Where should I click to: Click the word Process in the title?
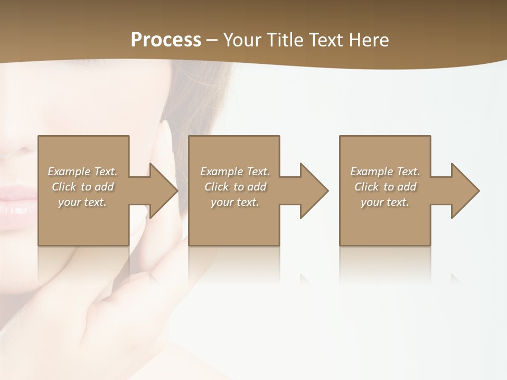coord(166,40)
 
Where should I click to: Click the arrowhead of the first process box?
coord(164,191)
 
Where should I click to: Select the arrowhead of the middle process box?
coord(315,191)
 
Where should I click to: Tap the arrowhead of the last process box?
coord(466,191)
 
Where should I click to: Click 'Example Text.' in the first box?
coord(83,172)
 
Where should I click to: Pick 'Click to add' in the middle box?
coord(235,187)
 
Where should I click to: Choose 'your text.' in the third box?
coord(385,202)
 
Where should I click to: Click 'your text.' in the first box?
coord(83,202)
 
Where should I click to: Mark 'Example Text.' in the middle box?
coord(235,172)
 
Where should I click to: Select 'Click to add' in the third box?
coord(385,187)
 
